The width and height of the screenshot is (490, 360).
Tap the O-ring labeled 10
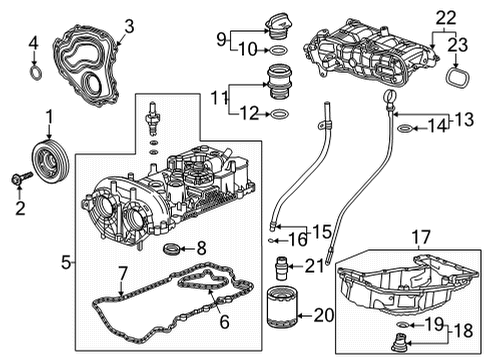point(276,48)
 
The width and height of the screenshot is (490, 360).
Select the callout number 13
point(462,119)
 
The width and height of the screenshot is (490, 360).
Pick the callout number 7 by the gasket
point(122,271)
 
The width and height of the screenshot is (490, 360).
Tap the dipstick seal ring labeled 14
point(403,127)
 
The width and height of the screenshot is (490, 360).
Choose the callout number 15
point(321,230)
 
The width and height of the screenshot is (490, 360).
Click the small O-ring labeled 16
point(273,241)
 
